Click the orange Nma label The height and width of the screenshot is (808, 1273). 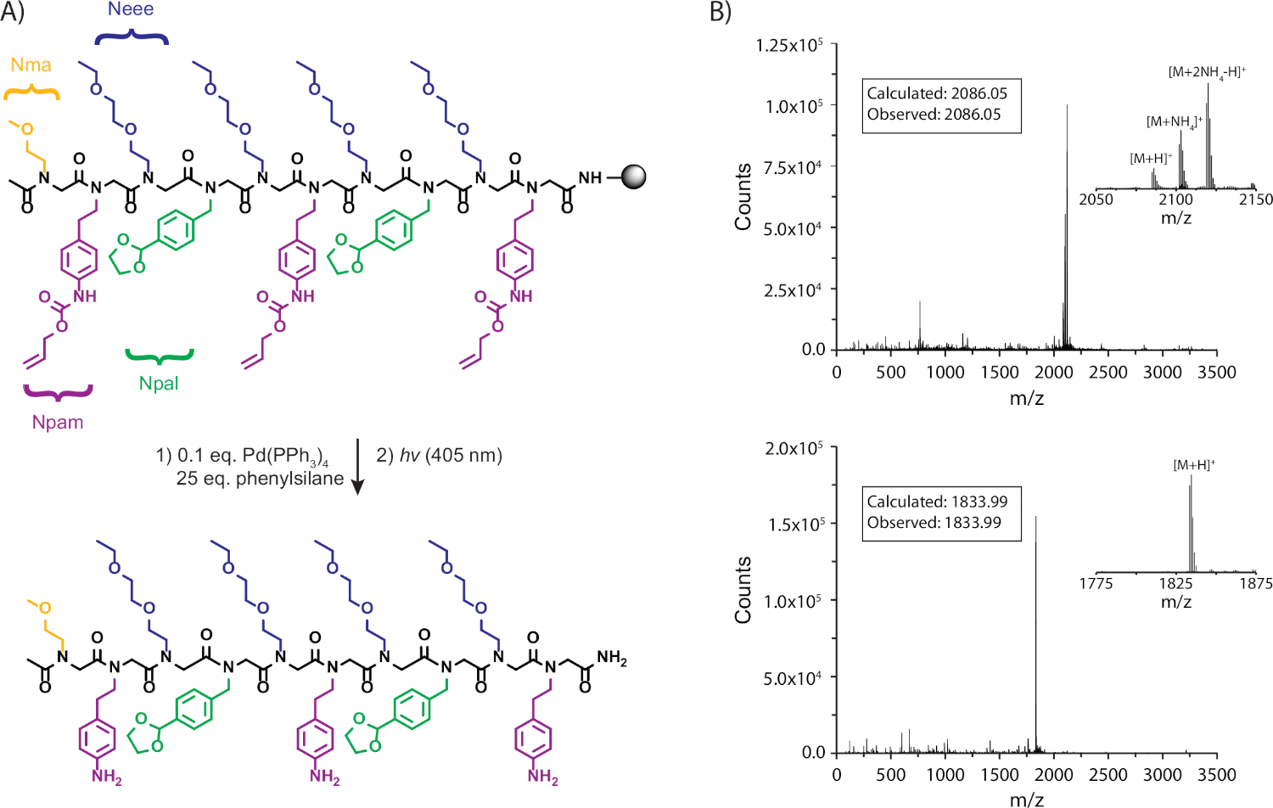point(31,65)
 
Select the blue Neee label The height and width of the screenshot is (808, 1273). point(130,9)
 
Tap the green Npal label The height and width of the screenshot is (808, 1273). point(159,384)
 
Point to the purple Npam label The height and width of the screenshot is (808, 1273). point(58,422)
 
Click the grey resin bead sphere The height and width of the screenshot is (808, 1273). point(633,177)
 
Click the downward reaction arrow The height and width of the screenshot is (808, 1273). point(357,466)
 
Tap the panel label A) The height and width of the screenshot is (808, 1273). point(13,12)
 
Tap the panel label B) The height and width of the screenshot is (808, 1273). point(720,12)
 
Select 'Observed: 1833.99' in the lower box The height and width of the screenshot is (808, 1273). point(934,523)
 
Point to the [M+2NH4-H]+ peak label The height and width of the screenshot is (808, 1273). point(1207,72)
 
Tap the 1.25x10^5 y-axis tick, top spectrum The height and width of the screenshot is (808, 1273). point(788,45)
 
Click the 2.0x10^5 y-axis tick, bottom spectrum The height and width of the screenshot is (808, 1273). point(794,448)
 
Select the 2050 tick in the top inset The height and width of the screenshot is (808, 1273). point(1096,199)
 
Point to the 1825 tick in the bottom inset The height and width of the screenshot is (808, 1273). point(1175,583)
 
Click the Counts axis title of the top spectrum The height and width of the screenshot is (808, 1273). point(743,196)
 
